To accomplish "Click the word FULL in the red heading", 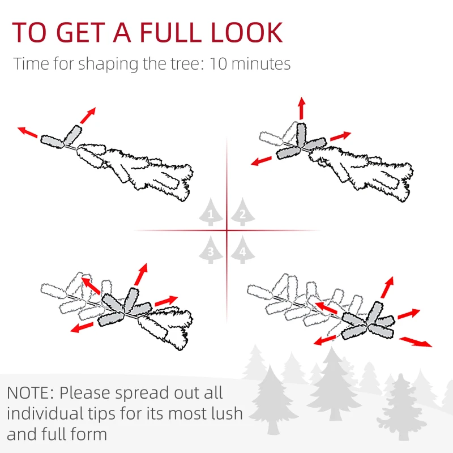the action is [x=170, y=32].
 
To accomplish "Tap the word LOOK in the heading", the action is [x=246, y=32].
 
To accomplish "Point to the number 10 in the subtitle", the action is [x=218, y=64].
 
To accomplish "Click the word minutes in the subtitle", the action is [x=261, y=64].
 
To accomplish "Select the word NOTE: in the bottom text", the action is [x=31, y=393].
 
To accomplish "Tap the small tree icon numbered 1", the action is [x=211, y=212].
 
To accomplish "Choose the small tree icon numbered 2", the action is [x=243, y=212].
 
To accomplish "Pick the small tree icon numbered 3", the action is [x=211, y=250].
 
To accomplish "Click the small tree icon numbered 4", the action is [x=243, y=250].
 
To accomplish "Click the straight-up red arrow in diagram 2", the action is [x=302, y=108].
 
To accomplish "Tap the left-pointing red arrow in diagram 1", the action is [x=27, y=132].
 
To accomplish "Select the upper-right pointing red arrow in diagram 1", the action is [x=88, y=116].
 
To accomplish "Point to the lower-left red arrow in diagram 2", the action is [x=261, y=161].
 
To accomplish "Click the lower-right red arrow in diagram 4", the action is [x=416, y=341].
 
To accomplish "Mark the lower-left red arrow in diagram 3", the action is [x=82, y=328].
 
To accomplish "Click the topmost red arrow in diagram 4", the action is [x=387, y=287].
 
